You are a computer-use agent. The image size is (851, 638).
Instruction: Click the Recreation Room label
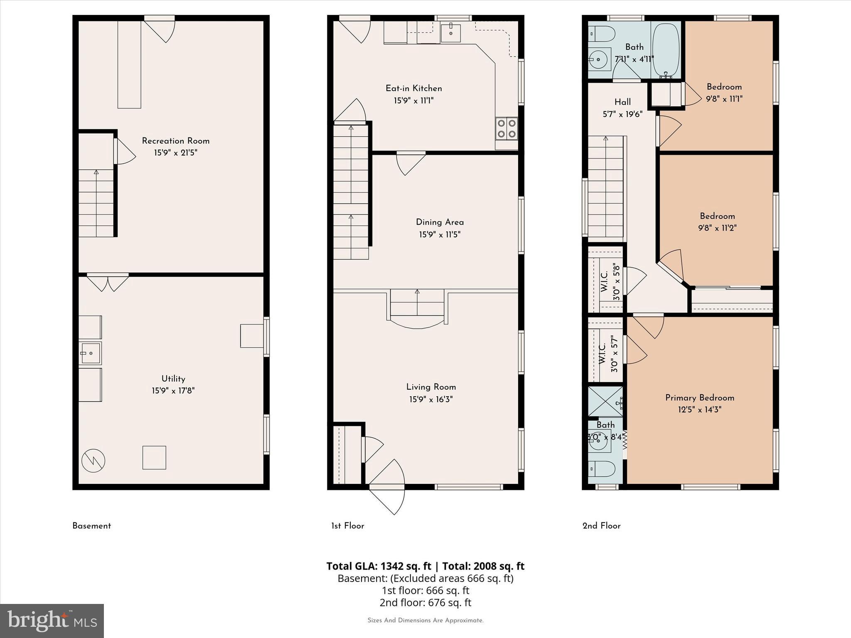175,141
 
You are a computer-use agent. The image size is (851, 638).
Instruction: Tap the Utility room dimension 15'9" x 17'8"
173,391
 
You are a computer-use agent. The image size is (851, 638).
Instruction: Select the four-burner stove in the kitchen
507,128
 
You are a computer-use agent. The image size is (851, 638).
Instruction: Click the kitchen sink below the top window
450,32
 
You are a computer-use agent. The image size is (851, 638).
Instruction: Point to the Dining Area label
440,222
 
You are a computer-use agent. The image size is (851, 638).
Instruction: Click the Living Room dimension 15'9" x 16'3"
431,400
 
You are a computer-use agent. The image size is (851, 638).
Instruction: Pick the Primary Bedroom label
699,398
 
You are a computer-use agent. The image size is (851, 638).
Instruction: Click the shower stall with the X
605,401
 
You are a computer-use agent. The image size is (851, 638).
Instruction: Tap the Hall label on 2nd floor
622,102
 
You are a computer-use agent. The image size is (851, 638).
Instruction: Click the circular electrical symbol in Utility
93,460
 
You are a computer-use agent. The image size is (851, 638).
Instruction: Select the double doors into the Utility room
108,282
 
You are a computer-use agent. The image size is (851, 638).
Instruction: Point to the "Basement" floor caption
91,526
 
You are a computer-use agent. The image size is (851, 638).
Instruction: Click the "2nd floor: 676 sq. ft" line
425,602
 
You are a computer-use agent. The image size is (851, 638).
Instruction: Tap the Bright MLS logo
52,621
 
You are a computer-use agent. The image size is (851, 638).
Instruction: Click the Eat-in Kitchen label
413,88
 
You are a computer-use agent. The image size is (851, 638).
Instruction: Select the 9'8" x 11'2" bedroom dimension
717,228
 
